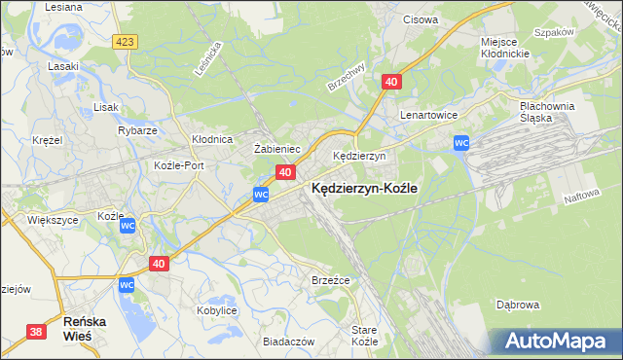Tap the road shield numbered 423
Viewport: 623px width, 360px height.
tap(124, 42)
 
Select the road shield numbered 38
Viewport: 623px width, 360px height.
tap(36, 332)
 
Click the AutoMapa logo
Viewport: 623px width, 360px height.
tap(560, 342)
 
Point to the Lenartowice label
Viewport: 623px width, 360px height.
tap(429, 115)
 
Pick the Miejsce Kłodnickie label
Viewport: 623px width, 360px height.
tap(504, 48)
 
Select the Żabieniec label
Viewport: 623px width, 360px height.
tap(275, 149)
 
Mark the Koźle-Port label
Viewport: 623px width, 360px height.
tap(179, 165)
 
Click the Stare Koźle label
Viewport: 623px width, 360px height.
tap(364, 336)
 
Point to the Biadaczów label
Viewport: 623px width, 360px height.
tap(288, 342)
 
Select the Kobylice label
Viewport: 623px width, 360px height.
tap(217, 310)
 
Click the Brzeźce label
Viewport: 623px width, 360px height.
tap(330, 280)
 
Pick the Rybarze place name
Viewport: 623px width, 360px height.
tap(137, 130)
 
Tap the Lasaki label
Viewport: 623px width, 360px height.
tap(63, 67)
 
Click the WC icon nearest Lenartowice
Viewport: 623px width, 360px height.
tap(462, 144)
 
